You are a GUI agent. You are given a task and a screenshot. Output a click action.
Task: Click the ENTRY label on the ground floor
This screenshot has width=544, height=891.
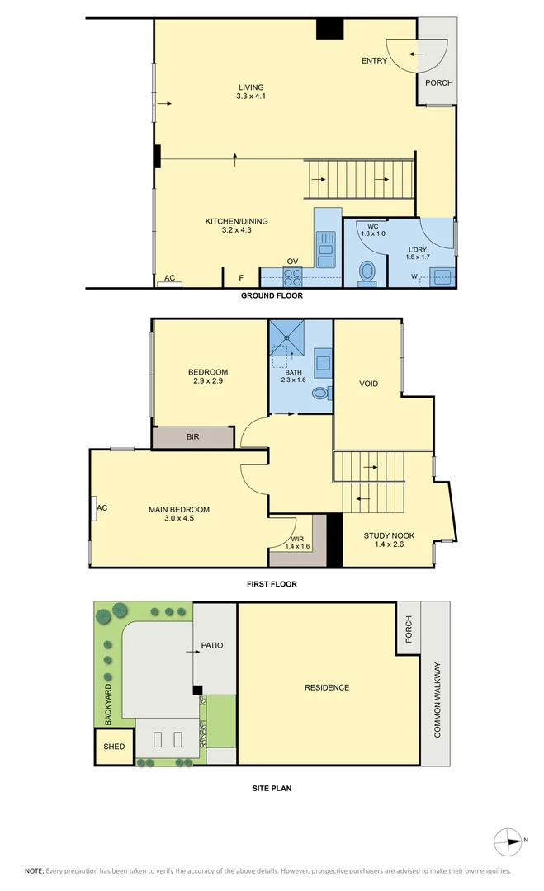click(x=374, y=60)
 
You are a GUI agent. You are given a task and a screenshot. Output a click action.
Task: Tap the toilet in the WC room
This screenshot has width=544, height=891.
click(x=368, y=271)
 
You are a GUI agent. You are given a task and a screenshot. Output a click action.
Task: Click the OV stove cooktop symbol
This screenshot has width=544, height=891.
click(x=293, y=276)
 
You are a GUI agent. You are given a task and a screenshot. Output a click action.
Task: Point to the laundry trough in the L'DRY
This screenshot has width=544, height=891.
click(x=443, y=276)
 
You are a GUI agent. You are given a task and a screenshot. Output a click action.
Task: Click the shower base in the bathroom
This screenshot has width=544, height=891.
click(x=286, y=338)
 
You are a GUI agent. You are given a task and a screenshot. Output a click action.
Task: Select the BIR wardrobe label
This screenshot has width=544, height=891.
click(x=192, y=437)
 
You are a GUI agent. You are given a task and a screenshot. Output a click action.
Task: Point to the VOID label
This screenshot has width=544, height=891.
click(x=368, y=384)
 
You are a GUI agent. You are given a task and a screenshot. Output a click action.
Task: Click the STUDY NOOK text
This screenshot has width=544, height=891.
click(x=389, y=535)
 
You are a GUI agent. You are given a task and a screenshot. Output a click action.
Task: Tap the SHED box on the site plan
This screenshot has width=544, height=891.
click(x=114, y=747)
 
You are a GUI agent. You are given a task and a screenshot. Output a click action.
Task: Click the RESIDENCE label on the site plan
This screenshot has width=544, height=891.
click(x=326, y=687)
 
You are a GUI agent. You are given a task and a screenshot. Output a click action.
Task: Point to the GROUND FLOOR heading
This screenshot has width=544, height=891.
click(x=272, y=295)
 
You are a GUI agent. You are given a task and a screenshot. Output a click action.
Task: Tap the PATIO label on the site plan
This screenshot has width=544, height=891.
click(x=212, y=645)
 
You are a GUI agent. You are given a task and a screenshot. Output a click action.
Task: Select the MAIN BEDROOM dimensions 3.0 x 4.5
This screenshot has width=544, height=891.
click(x=178, y=519)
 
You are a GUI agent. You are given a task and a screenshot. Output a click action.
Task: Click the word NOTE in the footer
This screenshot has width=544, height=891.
click(x=34, y=871)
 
